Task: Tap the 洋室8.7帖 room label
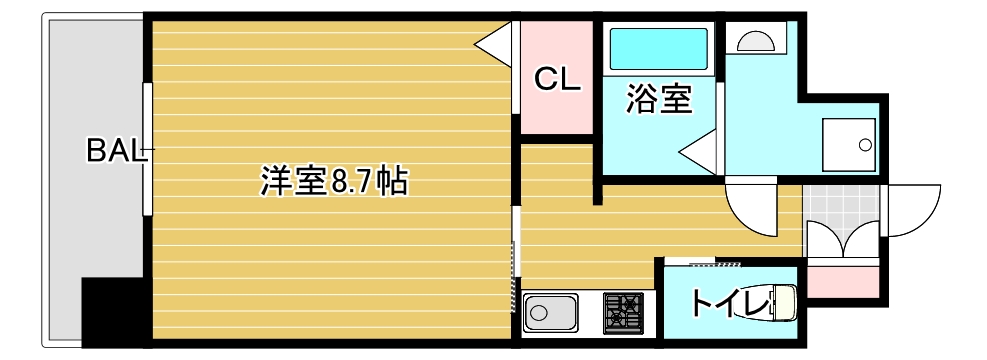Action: pyautogui.click(x=333, y=181)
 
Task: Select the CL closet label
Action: pyautogui.click(x=556, y=80)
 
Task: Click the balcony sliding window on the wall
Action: pyautogui.click(x=148, y=150)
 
